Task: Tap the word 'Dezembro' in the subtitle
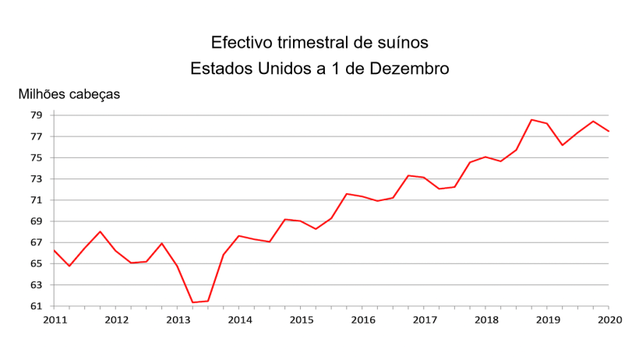(408, 69)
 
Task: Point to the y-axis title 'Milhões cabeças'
(69, 94)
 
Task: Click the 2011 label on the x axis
(55, 319)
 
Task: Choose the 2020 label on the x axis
(609, 319)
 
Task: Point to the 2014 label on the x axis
(239, 319)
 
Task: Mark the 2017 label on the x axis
(424, 319)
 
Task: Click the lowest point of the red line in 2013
(192, 302)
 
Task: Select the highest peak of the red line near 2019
(531, 120)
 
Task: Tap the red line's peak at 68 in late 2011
(101, 231)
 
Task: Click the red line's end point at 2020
(609, 131)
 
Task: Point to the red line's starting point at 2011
(55, 250)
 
